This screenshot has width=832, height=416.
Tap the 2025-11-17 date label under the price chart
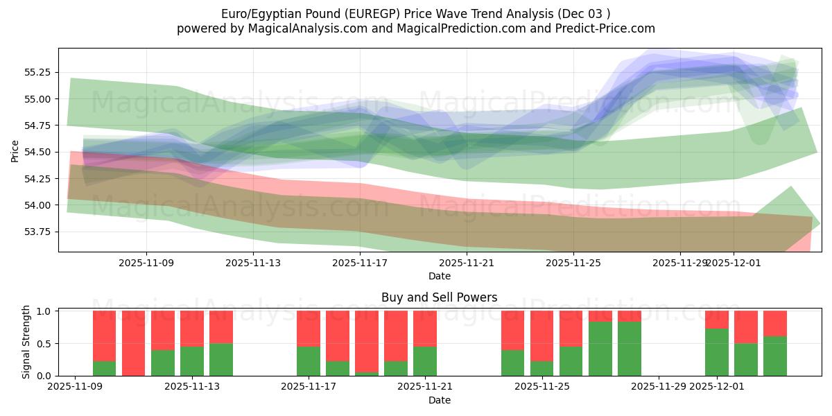click(x=360, y=263)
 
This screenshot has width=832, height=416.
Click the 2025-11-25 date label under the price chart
click(x=573, y=263)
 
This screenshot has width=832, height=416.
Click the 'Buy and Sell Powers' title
click(x=439, y=297)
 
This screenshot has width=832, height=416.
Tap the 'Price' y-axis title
click(x=16, y=150)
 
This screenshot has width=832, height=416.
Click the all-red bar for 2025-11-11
click(x=134, y=343)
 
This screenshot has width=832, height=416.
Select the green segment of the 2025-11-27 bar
click(x=600, y=349)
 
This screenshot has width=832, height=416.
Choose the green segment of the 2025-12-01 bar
click(x=717, y=352)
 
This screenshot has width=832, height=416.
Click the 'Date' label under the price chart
click(x=439, y=276)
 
